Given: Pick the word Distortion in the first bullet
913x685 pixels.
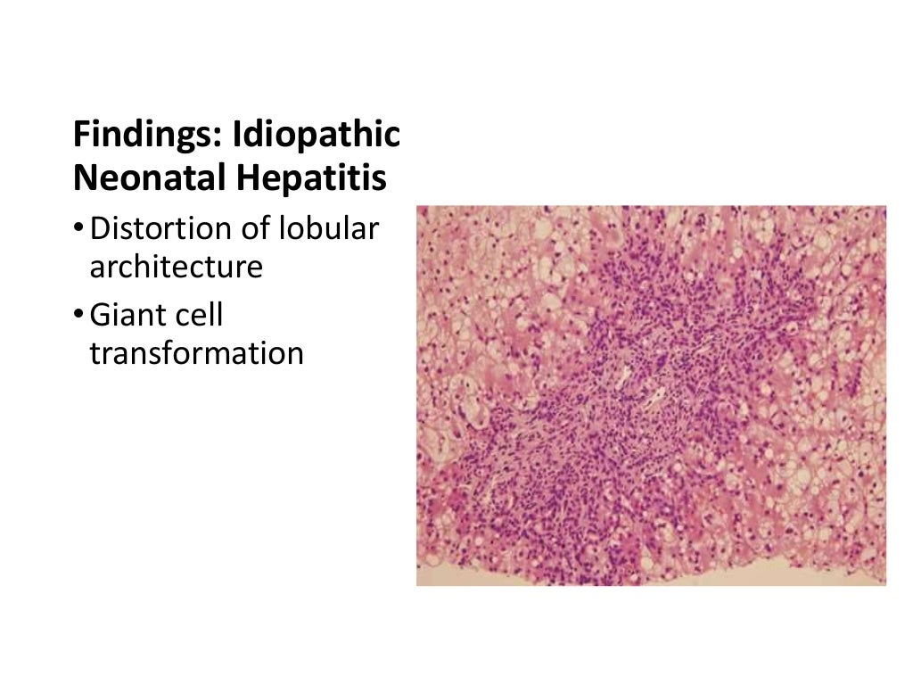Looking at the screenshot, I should tap(160, 228).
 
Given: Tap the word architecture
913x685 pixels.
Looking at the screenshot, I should tap(176, 267).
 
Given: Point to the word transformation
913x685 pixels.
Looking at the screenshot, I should tap(196, 353).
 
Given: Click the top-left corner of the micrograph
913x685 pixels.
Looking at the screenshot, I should tap(417, 207).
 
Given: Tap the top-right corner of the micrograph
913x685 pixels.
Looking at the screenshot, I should tap(886, 207).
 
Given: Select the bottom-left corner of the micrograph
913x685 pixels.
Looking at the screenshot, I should tap(417, 585).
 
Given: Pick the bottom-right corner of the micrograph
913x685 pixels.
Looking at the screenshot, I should tap(886, 585).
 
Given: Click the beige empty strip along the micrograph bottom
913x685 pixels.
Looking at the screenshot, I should tap(713, 575).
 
